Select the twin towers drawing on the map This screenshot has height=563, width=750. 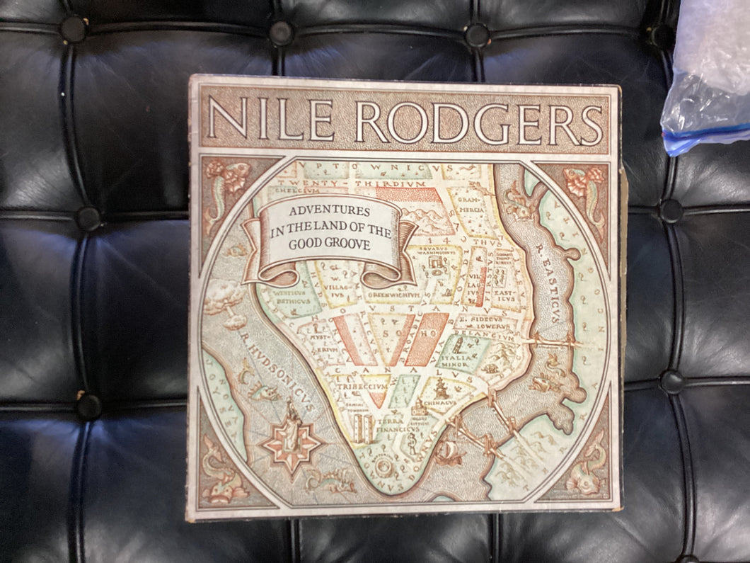click(365, 428)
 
